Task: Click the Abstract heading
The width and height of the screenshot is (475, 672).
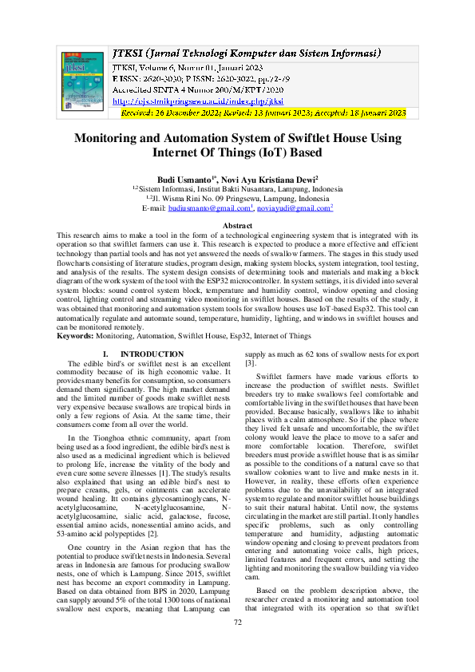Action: click(x=237, y=226)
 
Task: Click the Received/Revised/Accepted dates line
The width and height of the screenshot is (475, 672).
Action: click(x=263, y=114)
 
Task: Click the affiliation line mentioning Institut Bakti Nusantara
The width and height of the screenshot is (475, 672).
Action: click(x=237, y=189)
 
